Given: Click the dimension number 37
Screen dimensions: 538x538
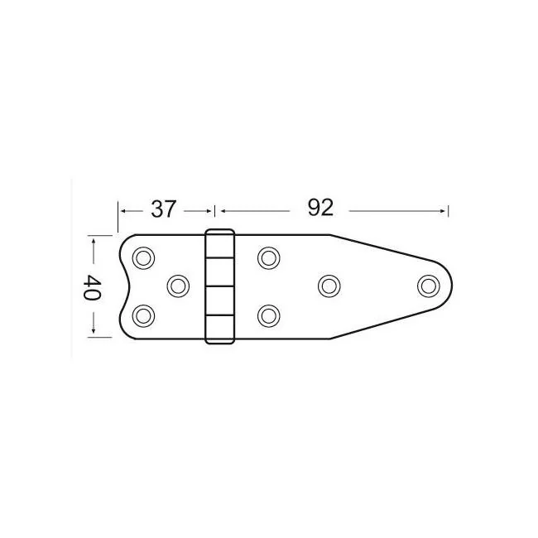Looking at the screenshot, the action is (164, 209).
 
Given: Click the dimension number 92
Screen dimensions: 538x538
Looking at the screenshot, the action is (320, 208).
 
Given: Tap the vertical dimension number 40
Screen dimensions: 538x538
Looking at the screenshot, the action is (92, 287).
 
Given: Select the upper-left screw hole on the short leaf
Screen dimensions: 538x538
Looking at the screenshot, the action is (143, 258).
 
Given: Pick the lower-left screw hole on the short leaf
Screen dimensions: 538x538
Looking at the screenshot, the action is (143, 316).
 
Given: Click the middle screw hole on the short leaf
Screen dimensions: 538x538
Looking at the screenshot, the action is (178, 286).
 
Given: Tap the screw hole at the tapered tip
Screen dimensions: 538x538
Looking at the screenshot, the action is (429, 286).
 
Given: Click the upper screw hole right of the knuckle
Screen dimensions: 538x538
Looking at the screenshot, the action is (269, 258).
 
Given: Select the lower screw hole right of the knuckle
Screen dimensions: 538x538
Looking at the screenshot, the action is (269, 316).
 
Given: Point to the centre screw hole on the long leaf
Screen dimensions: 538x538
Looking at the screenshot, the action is (329, 286).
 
